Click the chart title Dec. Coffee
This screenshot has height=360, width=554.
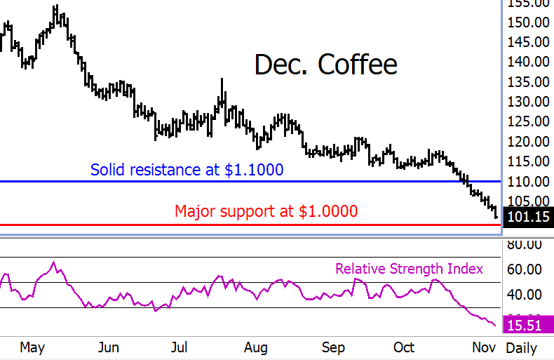[x=325, y=65]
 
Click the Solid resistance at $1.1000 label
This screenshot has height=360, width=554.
[x=187, y=169]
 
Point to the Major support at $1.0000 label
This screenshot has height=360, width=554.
[x=266, y=211]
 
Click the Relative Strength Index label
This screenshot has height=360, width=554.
[x=409, y=269]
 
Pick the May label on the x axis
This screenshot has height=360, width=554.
[x=32, y=347]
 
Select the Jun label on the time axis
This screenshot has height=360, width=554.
[x=109, y=347]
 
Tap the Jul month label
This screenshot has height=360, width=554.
[x=180, y=347]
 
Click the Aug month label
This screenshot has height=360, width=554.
[x=256, y=347]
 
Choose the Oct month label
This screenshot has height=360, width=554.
[x=405, y=347]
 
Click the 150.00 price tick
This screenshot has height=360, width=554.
[x=529, y=22]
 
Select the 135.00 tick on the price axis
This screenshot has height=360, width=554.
[x=529, y=82]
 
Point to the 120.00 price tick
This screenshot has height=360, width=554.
[x=529, y=142]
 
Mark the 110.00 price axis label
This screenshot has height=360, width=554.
[x=529, y=182]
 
